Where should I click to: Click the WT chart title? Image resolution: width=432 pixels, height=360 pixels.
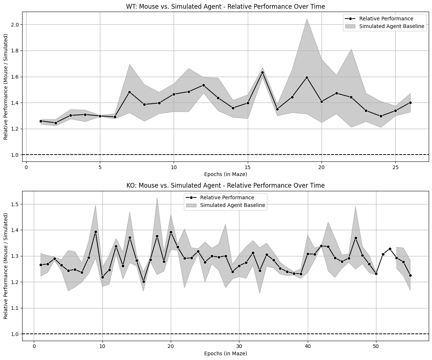pyautogui.click(x=225, y=7)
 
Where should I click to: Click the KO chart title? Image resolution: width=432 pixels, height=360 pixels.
pyautogui.click(x=225, y=185)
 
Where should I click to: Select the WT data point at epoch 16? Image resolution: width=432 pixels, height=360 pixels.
pyautogui.click(x=262, y=72)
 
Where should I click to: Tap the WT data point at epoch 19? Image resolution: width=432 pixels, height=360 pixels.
pyautogui.click(x=307, y=77)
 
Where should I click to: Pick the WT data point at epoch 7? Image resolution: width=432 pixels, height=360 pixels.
pyautogui.click(x=129, y=92)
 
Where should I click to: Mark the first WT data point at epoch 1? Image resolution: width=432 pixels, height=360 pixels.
pyautogui.click(x=41, y=121)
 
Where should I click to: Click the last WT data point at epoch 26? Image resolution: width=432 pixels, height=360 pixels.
pyautogui.click(x=410, y=103)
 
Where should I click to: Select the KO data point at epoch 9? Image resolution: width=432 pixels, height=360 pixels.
pyautogui.click(x=96, y=232)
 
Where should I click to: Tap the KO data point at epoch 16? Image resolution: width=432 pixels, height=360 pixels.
pyautogui.click(x=144, y=281)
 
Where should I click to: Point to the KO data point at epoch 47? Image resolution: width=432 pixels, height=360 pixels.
pyautogui.click(x=356, y=238)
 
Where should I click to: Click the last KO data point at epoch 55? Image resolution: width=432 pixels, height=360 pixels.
pyautogui.click(x=410, y=275)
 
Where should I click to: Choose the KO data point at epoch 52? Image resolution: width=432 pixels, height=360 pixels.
pyautogui.click(x=390, y=249)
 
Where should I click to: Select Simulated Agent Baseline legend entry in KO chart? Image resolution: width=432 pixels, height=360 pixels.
pyautogui.click(x=233, y=205)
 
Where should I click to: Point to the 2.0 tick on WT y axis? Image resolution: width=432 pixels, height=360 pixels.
pyautogui.click(x=16, y=25)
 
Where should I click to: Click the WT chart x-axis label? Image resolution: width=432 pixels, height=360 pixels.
pyautogui.click(x=225, y=174)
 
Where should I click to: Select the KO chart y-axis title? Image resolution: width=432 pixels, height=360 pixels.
pyautogui.click(x=6, y=266)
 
